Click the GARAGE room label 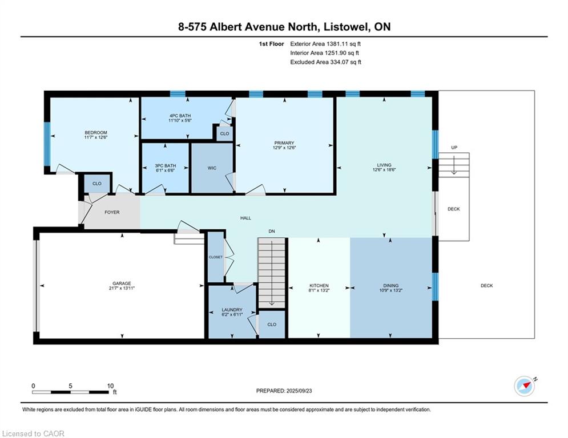pyautogui.click(x=122, y=283)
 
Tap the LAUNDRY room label pyautogui.click(x=232, y=310)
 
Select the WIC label pyautogui.click(x=211, y=169)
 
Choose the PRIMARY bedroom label pyautogui.click(x=284, y=144)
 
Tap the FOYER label pyautogui.click(x=112, y=212)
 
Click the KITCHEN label pyautogui.click(x=319, y=286)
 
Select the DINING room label pyautogui.click(x=391, y=286)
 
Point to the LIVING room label pyautogui.click(x=384, y=165)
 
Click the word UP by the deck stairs pyautogui.click(x=454, y=148)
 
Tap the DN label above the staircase pyautogui.click(x=272, y=231)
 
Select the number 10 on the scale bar pyautogui.click(x=111, y=386)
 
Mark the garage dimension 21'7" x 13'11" pyautogui.click(x=122, y=289)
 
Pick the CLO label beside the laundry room pyautogui.click(x=272, y=325)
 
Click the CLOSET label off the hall pyautogui.click(x=215, y=257)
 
